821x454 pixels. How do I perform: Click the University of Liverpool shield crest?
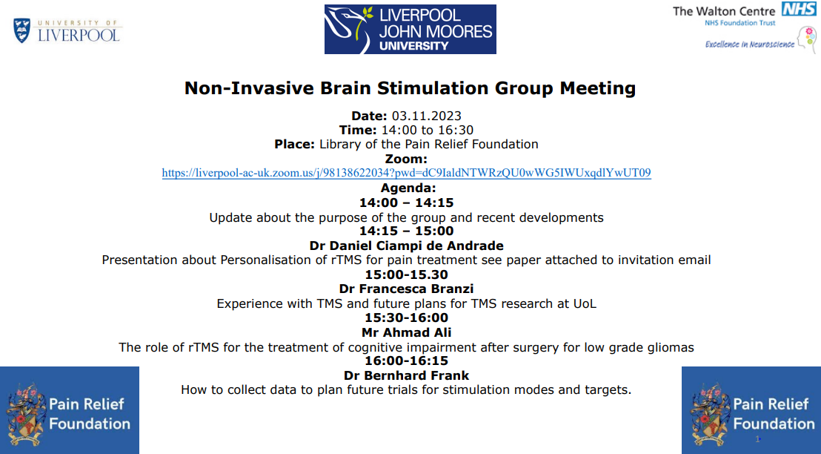click(22, 30)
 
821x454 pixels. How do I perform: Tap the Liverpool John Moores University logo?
click(410, 30)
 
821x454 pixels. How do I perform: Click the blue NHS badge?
click(799, 9)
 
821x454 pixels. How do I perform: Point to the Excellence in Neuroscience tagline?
click(749, 45)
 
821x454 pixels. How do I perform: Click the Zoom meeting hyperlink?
click(406, 173)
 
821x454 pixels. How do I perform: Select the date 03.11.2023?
click(427, 116)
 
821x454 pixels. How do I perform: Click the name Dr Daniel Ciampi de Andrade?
click(406, 246)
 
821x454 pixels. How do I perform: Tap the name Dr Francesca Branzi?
click(406, 289)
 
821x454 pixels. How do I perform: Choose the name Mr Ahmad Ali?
click(406, 332)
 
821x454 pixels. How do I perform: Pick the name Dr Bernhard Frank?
click(406, 375)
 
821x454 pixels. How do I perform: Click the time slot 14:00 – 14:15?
click(406, 203)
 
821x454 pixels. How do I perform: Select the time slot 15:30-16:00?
click(406, 318)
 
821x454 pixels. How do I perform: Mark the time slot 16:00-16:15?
click(406, 361)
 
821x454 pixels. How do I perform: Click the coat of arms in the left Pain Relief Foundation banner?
click(25, 413)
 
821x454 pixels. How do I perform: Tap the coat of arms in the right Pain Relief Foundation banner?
click(710, 413)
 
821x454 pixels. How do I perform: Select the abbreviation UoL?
click(585, 304)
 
